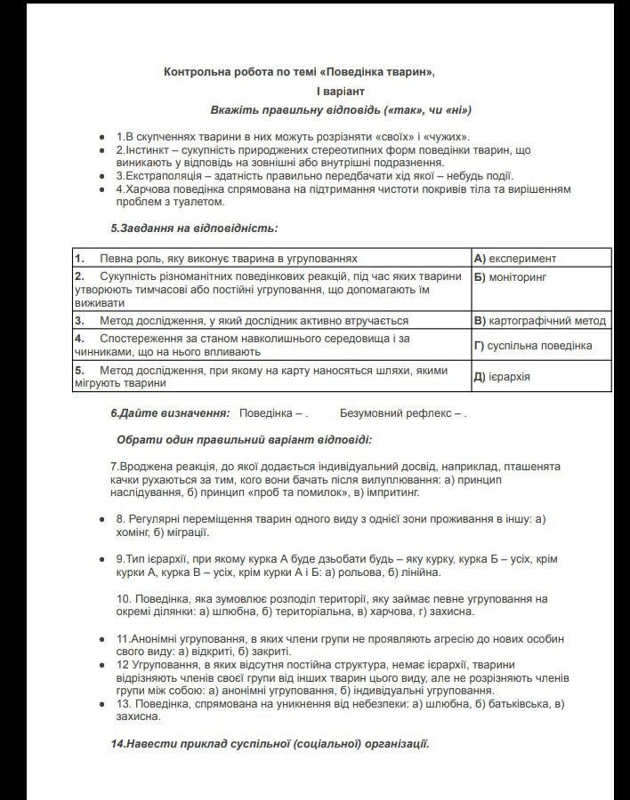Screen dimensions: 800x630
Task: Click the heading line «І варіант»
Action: (x=340, y=91)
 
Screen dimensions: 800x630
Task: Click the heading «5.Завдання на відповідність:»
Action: (x=194, y=228)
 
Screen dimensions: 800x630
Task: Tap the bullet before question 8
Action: (x=102, y=518)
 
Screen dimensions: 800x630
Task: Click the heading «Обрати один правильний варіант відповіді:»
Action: (x=244, y=439)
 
